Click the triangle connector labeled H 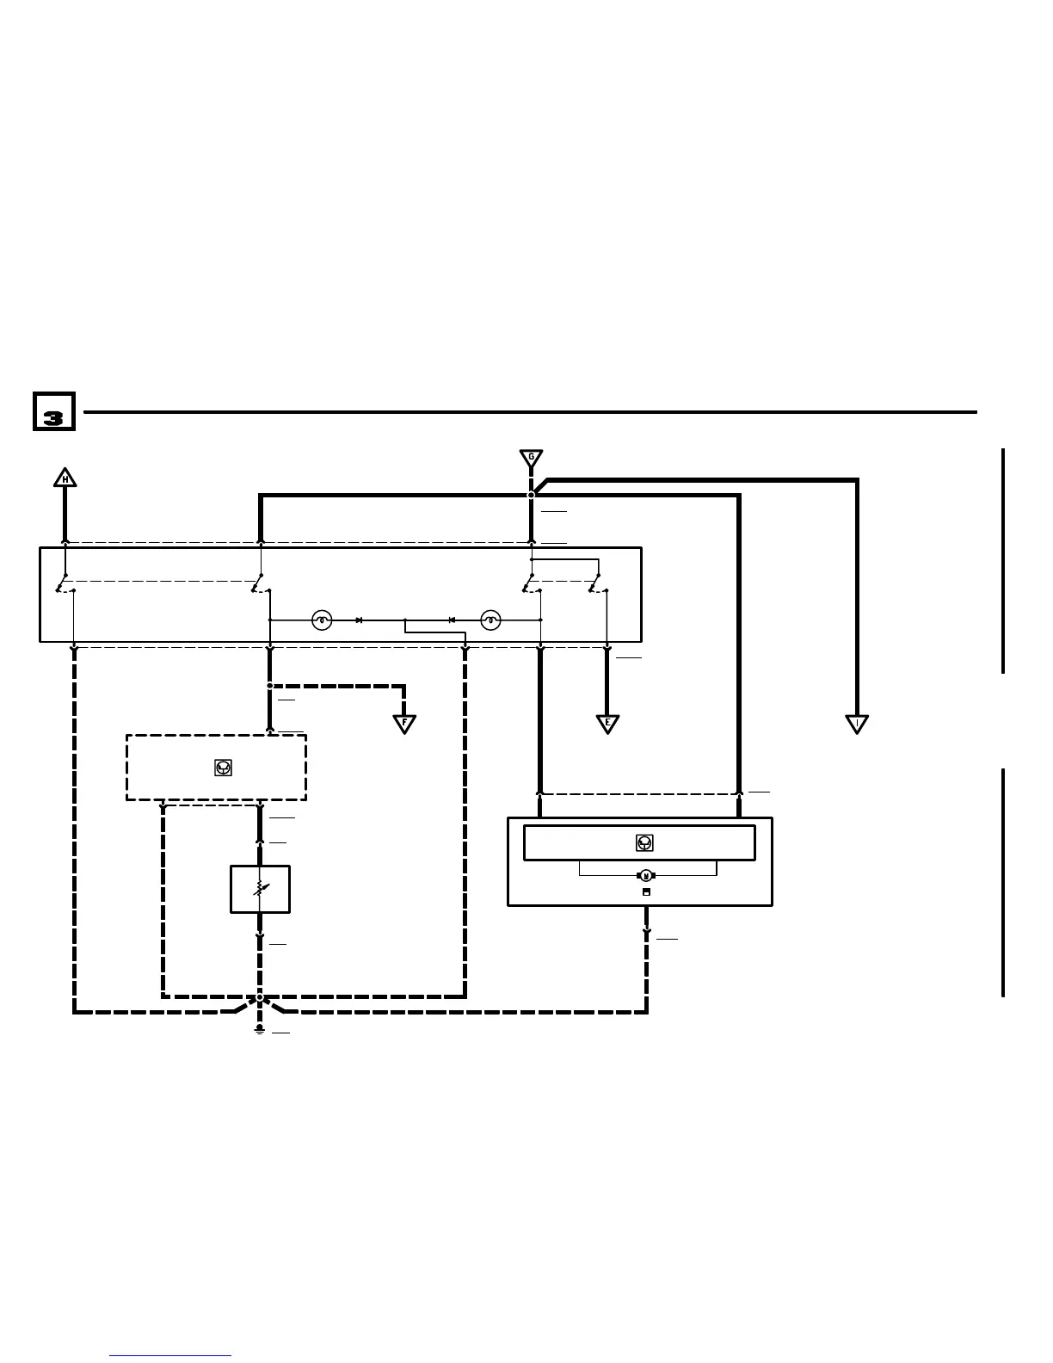click(65, 478)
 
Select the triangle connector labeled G click(531, 458)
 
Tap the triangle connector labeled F click(404, 724)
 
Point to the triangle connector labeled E click(607, 724)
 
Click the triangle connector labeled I click(857, 724)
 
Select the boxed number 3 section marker click(54, 411)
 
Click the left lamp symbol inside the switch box click(322, 620)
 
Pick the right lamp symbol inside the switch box click(490, 620)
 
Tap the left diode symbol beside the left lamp click(360, 620)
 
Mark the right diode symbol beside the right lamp click(452, 620)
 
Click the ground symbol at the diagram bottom click(260, 1029)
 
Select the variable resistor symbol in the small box click(260, 889)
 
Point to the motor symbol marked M click(646, 876)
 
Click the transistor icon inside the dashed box click(223, 768)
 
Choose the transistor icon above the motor click(644, 843)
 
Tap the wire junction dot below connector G click(531, 495)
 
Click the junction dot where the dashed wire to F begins click(270, 686)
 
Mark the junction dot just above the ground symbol click(260, 998)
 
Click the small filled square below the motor click(646, 892)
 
